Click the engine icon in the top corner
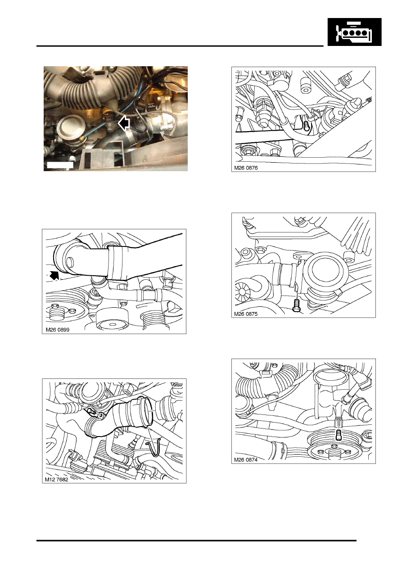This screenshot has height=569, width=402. coord(354,32)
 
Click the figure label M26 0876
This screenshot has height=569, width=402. coord(246,168)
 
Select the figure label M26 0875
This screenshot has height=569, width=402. coord(246,314)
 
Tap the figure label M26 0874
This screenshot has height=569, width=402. coord(246,460)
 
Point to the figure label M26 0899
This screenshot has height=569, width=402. coord(57,330)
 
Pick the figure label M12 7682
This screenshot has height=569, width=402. coord(56,480)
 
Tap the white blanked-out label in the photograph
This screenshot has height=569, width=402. coord(60,165)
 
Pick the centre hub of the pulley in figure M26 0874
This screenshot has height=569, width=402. coord(333,452)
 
